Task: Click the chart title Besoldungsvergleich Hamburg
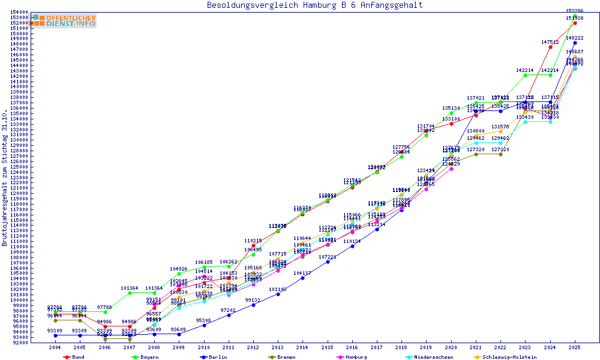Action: pyautogui.click(x=314, y=5)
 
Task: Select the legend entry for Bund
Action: pyautogui.click(x=75, y=357)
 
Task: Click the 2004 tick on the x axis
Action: pyautogui.click(x=55, y=347)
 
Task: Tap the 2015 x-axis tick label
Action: pyautogui.click(x=327, y=347)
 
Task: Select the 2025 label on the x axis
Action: pyautogui.click(x=575, y=347)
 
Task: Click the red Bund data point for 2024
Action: pyautogui.click(x=550, y=47)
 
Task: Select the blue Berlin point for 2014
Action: pyautogui.click(x=302, y=278)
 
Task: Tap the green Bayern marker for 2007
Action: pyautogui.click(x=130, y=293)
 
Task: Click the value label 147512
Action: pyautogui.click(x=550, y=42)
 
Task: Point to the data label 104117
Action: pyautogui.click(x=302, y=273)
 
